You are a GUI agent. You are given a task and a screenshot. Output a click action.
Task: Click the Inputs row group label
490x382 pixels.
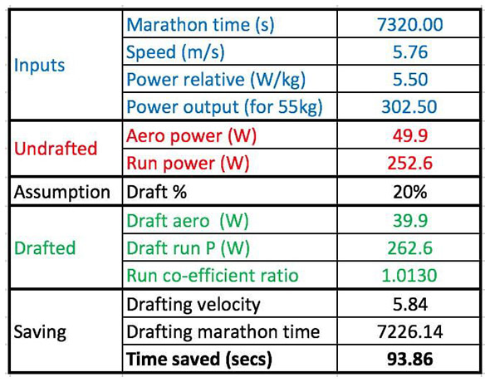pyautogui.click(x=40, y=65)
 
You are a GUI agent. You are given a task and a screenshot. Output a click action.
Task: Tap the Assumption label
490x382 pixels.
pyautogui.click(x=61, y=192)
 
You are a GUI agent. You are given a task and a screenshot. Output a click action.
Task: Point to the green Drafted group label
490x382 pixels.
pyautogui.click(x=46, y=248)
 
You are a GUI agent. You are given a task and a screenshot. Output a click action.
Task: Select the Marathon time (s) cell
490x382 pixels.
pyautogui.click(x=200, y=24)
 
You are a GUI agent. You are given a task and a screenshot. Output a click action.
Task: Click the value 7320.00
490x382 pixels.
pyautogui.click(x=409, y=24)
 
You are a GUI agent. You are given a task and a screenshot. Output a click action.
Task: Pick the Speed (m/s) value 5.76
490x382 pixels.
pyautogui.click(x=409, y=51)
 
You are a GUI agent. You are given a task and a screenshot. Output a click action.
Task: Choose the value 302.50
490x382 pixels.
pyautogui.click(x=409, y=107)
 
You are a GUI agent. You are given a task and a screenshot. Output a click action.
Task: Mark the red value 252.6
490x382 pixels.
pyautogui.click(x=409, y=164)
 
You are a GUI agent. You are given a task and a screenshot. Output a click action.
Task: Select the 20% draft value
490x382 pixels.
pyautogui.click(x=409, y=192)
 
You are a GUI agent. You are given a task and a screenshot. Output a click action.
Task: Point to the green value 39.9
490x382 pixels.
pyautogui.click(x=409, y=220)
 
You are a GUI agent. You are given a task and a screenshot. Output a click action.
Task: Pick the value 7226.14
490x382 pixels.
pyautogui.click(x=409, y=332)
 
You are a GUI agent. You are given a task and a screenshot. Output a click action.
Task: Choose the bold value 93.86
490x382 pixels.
pyautogui.click(x=409, y=360)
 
